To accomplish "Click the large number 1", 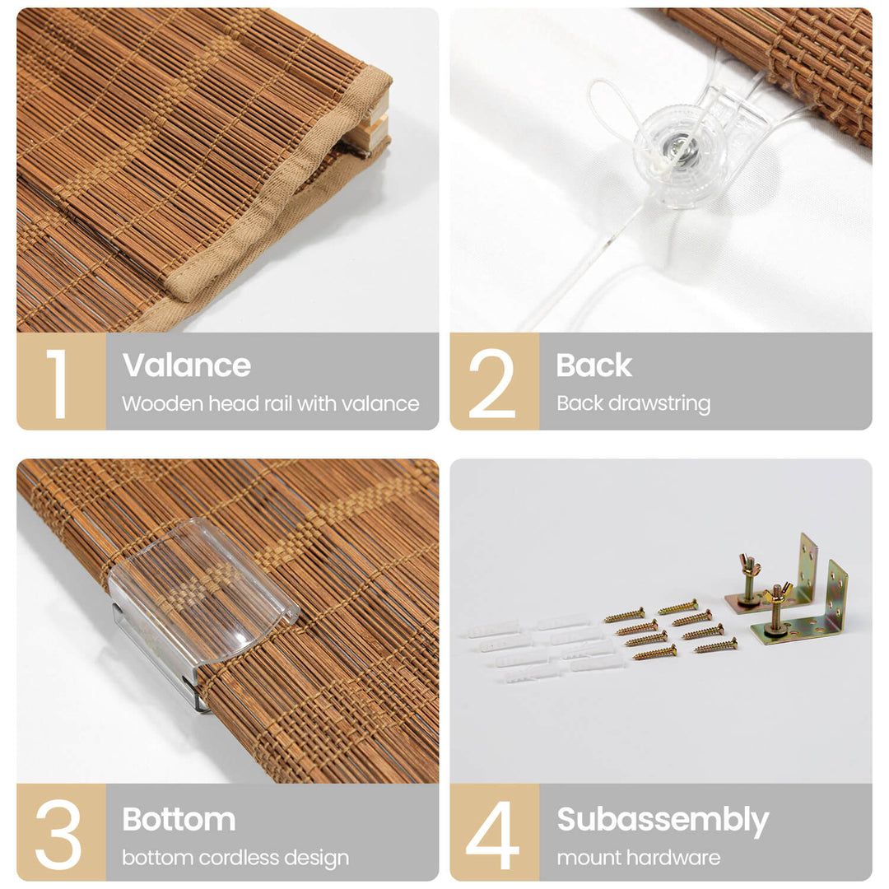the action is [58, 384].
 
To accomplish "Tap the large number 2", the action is [492, 384].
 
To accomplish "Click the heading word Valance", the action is [187, 365].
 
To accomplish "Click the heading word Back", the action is [593, 365].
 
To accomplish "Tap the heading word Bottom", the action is [179, 819].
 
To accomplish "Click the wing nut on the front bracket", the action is [776, 596].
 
